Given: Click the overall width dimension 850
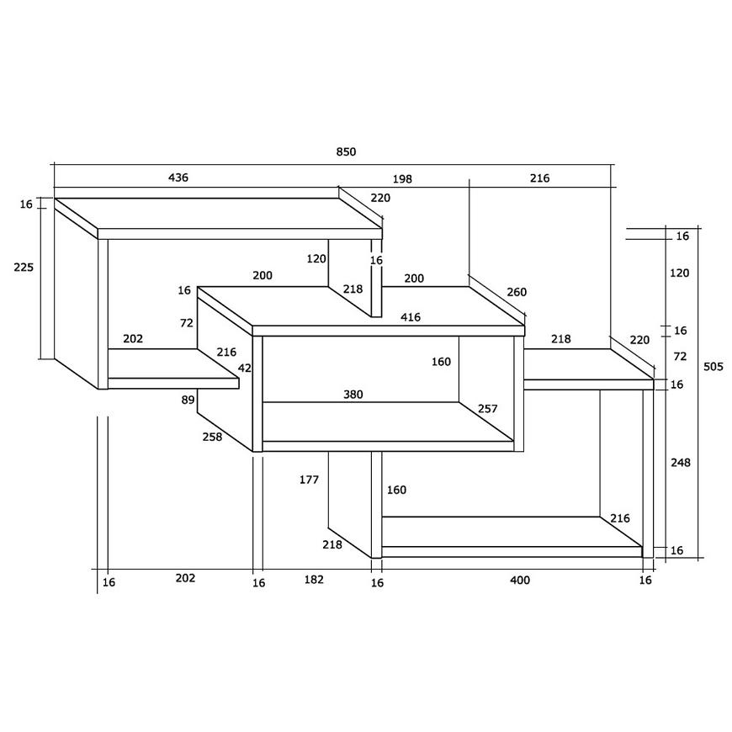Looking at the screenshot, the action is pyautogui.click(x=346, y=151).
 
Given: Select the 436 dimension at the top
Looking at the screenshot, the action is pyautogui.click(x=178, y=178).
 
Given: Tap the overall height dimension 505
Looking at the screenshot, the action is pyautogui.click(x=713, y=367).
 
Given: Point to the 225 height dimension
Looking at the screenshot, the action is pyautogui.click(x=24, y=267).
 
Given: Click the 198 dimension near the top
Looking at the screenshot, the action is pyautogui.click(x=402, y=179).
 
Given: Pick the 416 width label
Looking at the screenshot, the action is pyautogui.click(x=411, y=317).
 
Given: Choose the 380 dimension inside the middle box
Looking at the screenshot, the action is pyautogui.click(x=353, y=395).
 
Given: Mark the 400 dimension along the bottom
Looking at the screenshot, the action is pyautogui.click(x=520, y=581).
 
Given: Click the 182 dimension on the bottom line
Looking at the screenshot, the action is pyautogui.click(x=314, y=580).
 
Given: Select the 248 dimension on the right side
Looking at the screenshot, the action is pyautogui.click(x=681, y=463).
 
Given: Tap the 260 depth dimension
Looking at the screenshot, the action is pyautogui.click(x=517, y=292).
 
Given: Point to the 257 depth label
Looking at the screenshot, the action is pyautogui.click(x=488, y=409).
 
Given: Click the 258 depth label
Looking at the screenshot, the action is pyautogui.click(x=212, y=437).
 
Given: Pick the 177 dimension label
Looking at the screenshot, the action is pyautogui.click(x=309, y=480).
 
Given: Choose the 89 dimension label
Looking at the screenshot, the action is pyautogui.click(x=188, y=400).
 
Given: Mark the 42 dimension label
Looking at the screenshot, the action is pyautogui.click(x=245, y=369).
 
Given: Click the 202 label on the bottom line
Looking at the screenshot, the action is pyautogui.click(x=185, y=578).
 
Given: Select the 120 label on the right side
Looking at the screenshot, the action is pyautogui.click(x=680, y=273).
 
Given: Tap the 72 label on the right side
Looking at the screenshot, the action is pyautogui.click(x=680, y=357).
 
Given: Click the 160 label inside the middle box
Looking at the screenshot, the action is pyautogui.click(x=441, y=362).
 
